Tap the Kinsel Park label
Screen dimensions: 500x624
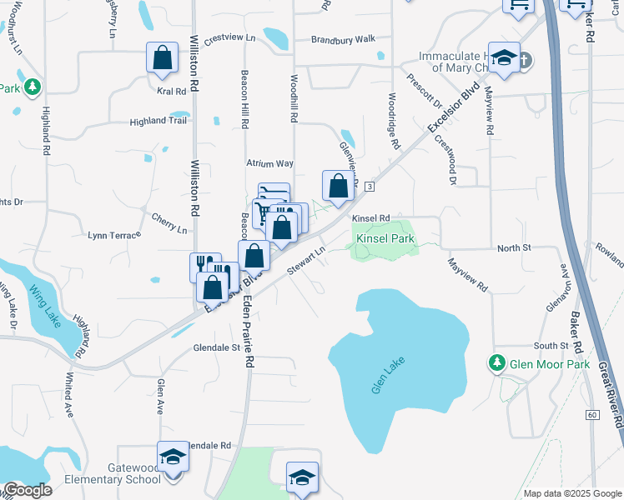(385, 239)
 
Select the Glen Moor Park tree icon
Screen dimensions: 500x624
(497, 363)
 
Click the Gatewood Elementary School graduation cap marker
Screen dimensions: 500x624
(173, 457)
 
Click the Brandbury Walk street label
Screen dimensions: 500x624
(344, 39)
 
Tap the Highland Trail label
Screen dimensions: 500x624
(158, 121)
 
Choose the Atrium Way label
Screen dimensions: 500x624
(269, 164)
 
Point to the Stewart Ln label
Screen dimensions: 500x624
(305, 258)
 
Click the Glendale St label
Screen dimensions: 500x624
(216, 347)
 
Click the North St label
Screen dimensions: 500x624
(514, 247)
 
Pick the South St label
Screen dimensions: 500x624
(551, 346)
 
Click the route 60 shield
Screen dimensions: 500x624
(592, 414)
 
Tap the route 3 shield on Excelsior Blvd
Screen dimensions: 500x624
(368, 186)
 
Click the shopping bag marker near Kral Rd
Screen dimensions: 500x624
(163, 58)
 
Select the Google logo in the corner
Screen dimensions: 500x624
(27, 490)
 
